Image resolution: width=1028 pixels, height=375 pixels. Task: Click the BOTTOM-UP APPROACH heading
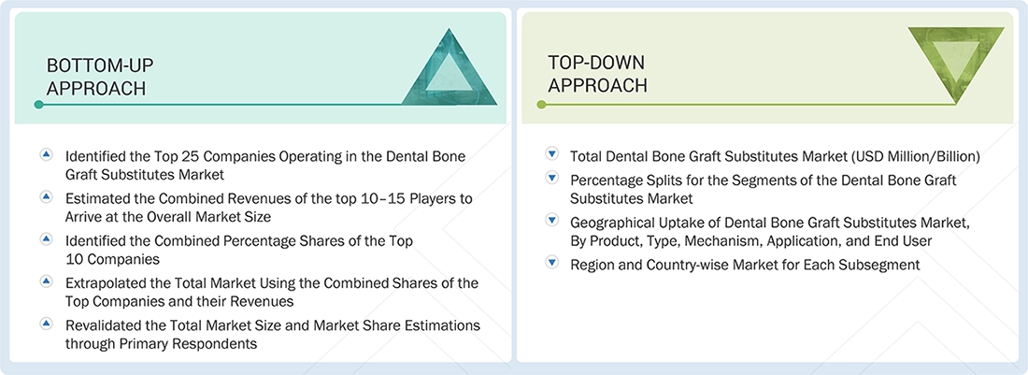pos(100,76)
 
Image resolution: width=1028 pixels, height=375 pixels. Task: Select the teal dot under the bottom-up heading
pos(38,105)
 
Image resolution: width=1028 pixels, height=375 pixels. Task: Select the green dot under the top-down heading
pos(541,105)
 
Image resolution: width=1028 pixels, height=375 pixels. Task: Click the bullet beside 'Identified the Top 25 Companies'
pos(46,154)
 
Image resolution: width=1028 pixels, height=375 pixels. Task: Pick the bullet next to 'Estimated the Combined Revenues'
pos(46,196)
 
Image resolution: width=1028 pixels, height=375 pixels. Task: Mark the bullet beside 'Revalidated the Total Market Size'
pos(46,324)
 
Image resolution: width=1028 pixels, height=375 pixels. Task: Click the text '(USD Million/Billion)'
pos(907,156)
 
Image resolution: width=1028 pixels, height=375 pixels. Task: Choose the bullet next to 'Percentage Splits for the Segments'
pos(551,178)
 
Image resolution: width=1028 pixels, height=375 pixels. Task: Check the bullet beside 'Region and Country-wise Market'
pos(551,264)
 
